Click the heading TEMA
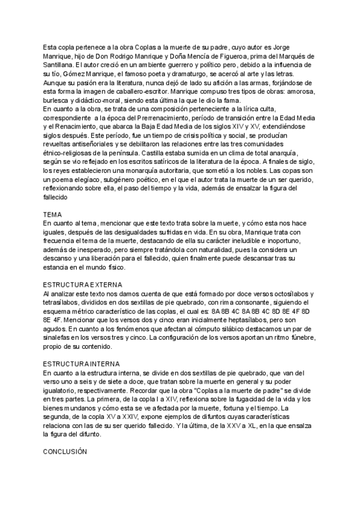[52, 214]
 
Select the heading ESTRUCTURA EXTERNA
[83, 284]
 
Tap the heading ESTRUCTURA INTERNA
[82, 364]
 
